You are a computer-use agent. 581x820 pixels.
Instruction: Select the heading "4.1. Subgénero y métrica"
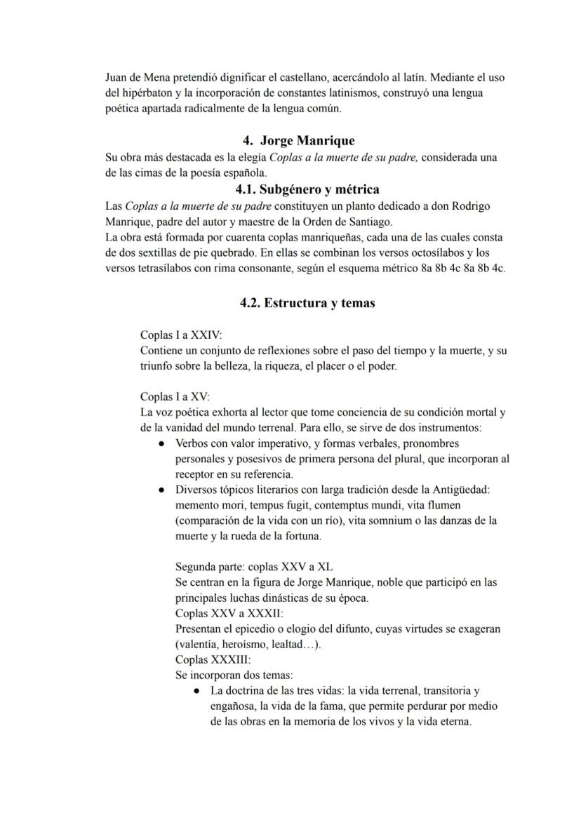tap(307, 189)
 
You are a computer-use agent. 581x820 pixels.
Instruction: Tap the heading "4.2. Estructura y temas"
tap(307, 303)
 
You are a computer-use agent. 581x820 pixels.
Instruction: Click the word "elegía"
tap(249, 157)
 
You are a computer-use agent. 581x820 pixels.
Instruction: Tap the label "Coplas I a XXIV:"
tap(180, 335)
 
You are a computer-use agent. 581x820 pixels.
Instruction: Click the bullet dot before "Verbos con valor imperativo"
tap(161, 444)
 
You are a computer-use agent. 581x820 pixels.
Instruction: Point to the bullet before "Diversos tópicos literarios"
tap(161, 490)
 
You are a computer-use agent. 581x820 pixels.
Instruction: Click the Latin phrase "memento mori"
tap(206, 505)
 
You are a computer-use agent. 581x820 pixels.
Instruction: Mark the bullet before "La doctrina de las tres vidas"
tap(197, 691)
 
